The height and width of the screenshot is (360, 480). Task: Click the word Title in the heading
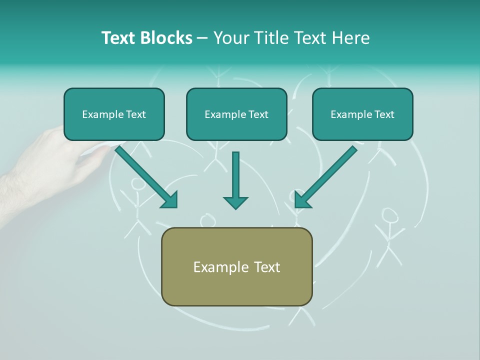tap(272, 38)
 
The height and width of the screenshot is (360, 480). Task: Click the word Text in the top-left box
tap(135, 114)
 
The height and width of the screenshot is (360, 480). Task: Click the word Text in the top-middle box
tap(258, 114)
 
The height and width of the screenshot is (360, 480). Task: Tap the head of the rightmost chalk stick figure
tap(389, 215)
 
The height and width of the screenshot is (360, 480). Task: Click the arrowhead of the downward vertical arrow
tap(235, 202)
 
